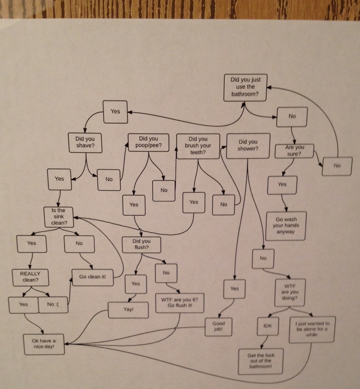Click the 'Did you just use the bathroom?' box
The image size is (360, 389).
click(245, 88)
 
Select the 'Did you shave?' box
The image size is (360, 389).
click(85, 143)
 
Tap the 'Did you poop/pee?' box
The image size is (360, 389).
click(149, 143)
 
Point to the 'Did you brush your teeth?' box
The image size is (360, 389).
click(198, 146)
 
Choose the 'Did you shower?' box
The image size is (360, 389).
click(248, 146)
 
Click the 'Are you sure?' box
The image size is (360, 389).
click(294, 151)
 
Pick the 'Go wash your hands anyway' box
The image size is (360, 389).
click(286, 226)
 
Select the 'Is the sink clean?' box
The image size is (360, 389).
click(59, 217)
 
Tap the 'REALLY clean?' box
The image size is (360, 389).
click(30, 277)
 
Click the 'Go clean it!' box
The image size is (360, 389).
click(92, 277)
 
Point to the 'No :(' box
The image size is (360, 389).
click(53, 305)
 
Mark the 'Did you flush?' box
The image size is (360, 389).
click(141, 245)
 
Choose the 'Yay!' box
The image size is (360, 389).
click(129, 310)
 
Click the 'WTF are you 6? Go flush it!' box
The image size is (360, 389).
click(180, 303)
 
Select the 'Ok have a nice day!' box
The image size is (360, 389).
click(44, 344)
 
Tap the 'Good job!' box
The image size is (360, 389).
click(219, 327)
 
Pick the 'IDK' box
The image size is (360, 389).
click(268, 326)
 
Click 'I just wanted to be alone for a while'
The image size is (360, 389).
click(312, 329)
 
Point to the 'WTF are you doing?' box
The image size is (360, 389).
click(290, 293)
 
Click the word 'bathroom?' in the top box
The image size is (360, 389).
click(245, 94)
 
